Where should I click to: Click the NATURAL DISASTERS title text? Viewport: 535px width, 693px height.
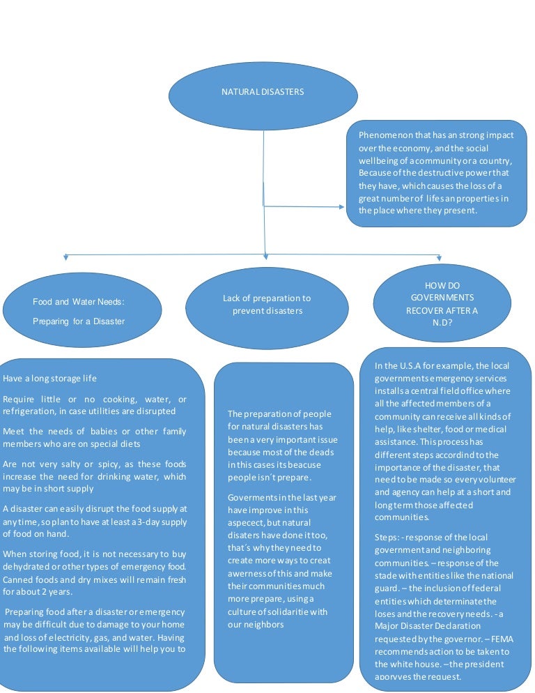(263, 92)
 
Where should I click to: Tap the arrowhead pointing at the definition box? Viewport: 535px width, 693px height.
(341, 206)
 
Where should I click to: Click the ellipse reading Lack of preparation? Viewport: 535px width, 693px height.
(267, 309)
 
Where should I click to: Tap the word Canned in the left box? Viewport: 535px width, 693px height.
(19, 579)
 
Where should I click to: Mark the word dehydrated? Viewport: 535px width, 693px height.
(26, 566)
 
